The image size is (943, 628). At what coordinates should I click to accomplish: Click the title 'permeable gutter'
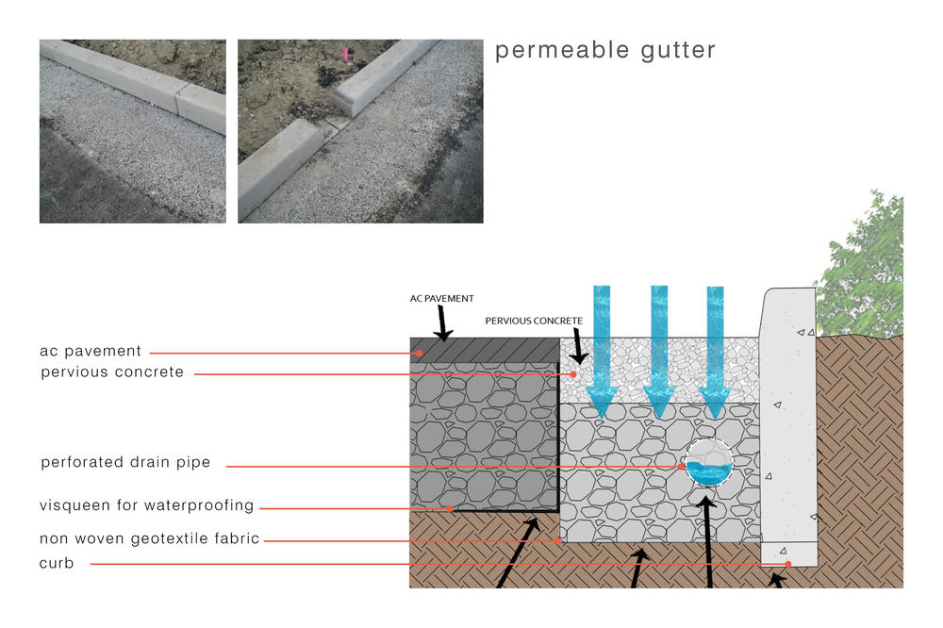click(x=605, y=51)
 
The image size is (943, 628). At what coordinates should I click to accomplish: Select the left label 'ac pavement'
click(x=91, y=352)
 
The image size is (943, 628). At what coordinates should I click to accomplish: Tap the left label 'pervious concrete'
click(x=112, y=372)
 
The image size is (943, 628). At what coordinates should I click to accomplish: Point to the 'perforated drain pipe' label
click(x=125, y=463)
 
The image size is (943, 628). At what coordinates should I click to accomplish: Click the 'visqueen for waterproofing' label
click(x=147, y=505)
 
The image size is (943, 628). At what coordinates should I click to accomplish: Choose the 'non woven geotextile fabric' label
click(x=149, y=539)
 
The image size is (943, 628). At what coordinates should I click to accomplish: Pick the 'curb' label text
click(x=57, y=563)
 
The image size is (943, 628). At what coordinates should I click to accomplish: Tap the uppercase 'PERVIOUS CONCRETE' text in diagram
click(x=534, y=322)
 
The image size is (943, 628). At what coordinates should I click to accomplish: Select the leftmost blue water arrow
click(x=603, y=349)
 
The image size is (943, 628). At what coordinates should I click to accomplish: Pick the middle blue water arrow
click(x=659, y=349)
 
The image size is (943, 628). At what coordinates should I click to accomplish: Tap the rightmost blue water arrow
click(x=716, y=349)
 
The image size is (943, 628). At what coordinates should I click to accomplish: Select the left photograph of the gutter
click(x=133, y=131)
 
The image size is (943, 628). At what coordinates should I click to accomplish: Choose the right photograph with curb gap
click(x=360, y=131)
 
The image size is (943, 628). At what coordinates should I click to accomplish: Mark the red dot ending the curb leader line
click(x=787, y=564)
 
